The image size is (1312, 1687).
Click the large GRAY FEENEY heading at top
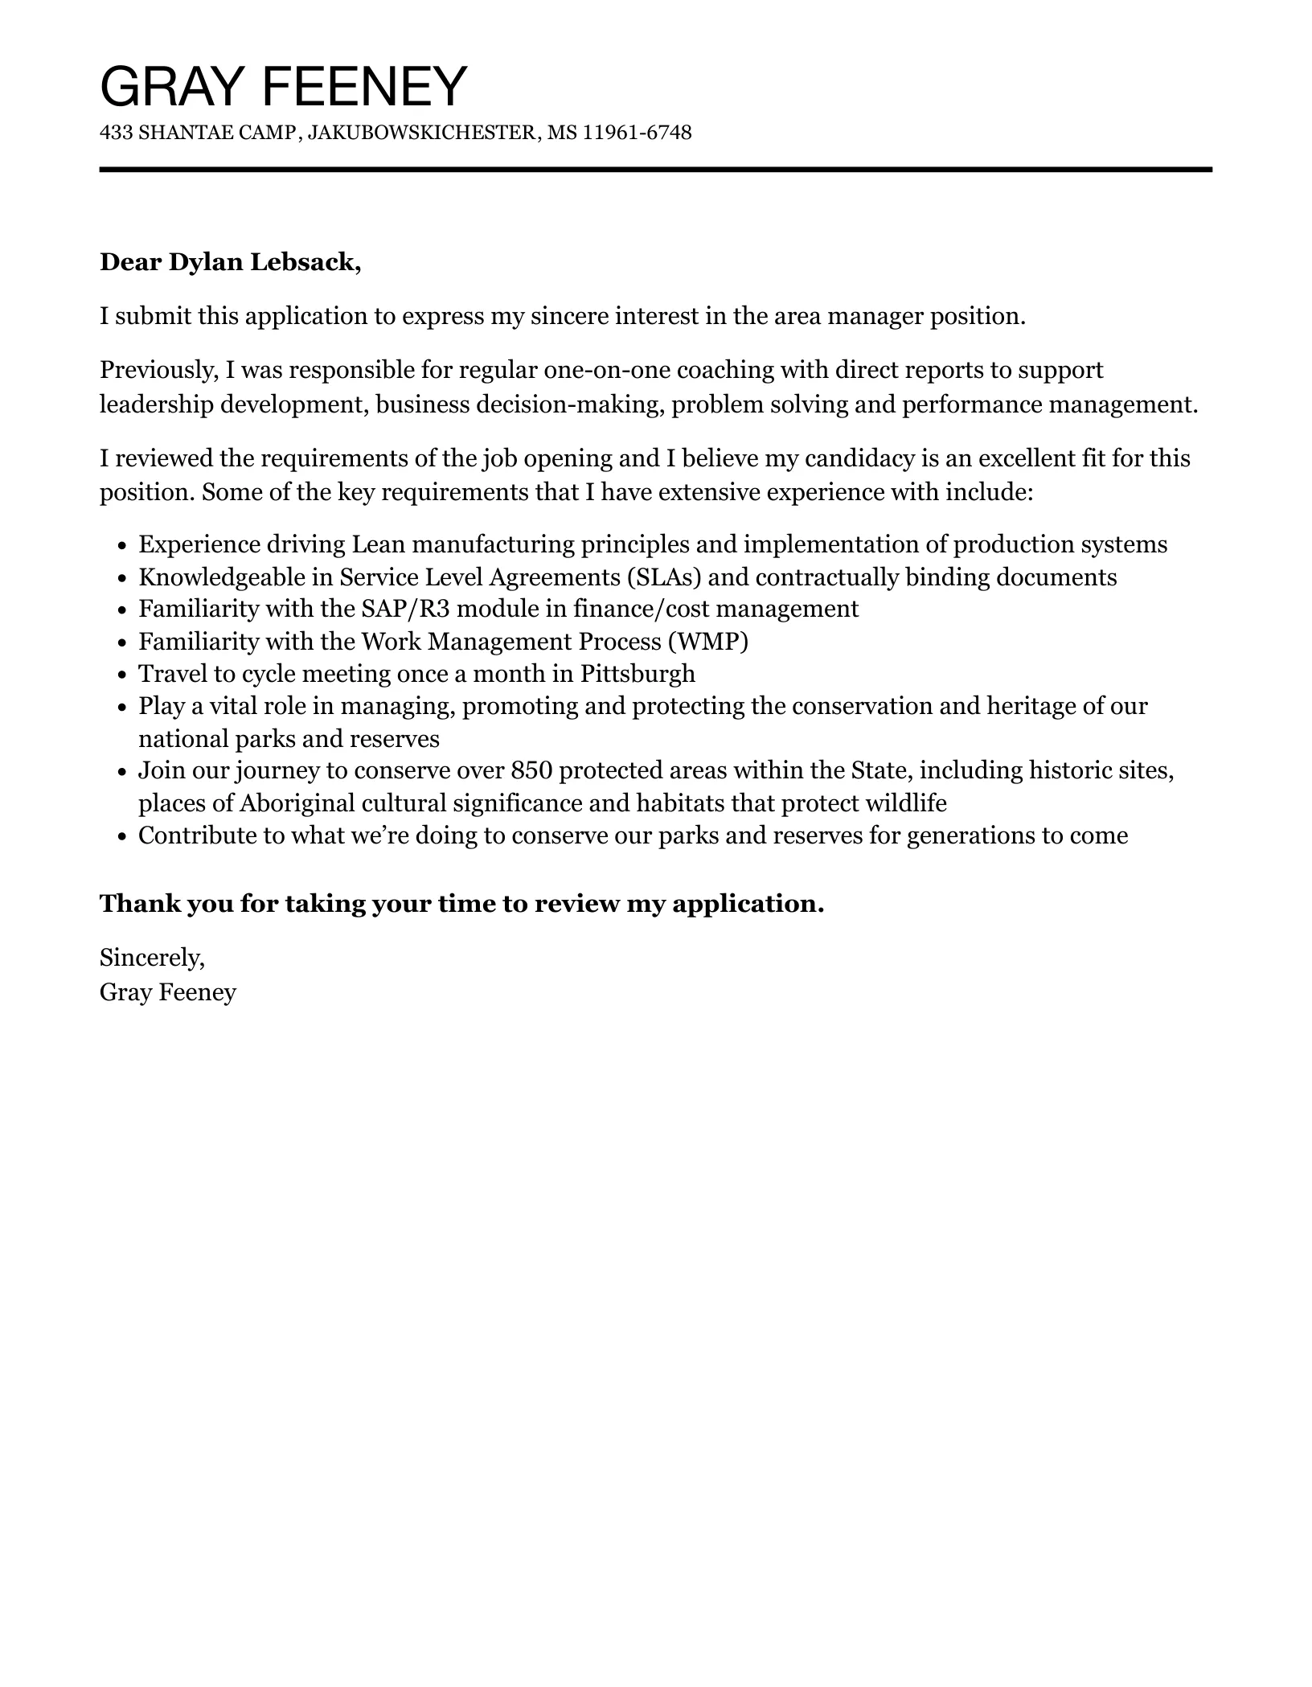coord(283,86)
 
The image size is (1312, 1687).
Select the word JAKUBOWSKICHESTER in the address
coord(422,132)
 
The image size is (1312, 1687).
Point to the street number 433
coord(116,132)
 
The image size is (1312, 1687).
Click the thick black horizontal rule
coord(655,170)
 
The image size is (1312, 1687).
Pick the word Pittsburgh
coord(638,673)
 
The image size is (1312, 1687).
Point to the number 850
coord(531,770)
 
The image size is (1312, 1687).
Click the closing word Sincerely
coord(152,957)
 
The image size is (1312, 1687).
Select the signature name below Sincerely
coord(168,992)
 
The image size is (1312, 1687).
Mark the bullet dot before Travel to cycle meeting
coord(121,675)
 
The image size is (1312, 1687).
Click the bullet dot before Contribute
coord(121,837)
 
